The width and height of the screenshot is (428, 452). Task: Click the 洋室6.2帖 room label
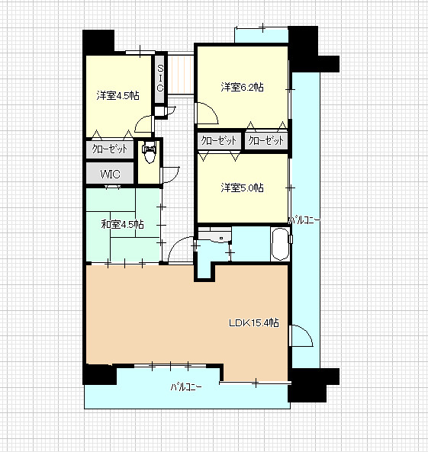(x=242, y=87)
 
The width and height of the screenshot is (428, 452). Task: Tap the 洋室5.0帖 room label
(x=242, y=188)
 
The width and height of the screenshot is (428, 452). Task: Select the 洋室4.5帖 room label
(x=117, y=95)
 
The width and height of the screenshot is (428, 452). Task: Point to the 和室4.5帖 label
(x=122, y=224)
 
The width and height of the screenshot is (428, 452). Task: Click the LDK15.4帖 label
(x=254, y=323)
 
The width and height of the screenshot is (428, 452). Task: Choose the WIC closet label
(x=110, y=174)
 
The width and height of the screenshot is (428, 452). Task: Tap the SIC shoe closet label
(x=160, y=78)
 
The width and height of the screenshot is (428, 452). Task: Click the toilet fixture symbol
(x=150, y=152)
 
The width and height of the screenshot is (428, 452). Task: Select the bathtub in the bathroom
(x=280, y=244)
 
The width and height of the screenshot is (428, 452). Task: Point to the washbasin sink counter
(x=214, y=236)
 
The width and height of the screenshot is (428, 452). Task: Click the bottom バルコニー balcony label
(x=186, y=387)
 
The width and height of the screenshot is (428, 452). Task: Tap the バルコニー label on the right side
(x=304, y=220)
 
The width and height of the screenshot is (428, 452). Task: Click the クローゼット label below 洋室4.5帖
(x=110, y=149)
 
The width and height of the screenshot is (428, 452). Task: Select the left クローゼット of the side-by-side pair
(x=219, y=141)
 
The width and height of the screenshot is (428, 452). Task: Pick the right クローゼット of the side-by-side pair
(x=266, y=141)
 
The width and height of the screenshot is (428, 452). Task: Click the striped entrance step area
(x=181, y=75)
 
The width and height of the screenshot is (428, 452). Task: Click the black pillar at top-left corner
(x=98, y=42)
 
